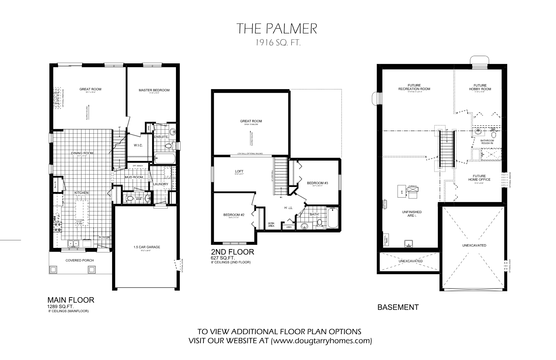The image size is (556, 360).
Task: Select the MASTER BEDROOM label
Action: [x=154, y=90]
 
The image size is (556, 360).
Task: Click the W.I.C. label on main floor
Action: [x=138, y=145]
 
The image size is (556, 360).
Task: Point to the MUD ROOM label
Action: [x=134, y=177]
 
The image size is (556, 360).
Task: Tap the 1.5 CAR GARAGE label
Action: [x=147, y=247]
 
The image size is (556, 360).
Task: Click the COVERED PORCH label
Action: [x=80, y=260]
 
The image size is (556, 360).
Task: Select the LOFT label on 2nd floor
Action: [x=239, y=172]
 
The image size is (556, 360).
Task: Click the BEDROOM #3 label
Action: [x=317, y=183]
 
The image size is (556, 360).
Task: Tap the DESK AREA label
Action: [x=271, y=225]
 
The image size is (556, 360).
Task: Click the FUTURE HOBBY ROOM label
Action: [x=480, y=87]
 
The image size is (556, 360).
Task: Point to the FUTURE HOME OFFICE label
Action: [x=479, y=178]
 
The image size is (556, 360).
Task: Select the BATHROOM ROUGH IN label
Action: [x=487, y=142]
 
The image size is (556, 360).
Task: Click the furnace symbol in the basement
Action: [x=412, y=190]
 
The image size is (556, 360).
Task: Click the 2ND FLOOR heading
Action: [x=232, y=252]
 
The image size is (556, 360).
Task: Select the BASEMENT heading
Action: [x=398, y=307]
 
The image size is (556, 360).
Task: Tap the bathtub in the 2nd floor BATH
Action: [x=332, y=218]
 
